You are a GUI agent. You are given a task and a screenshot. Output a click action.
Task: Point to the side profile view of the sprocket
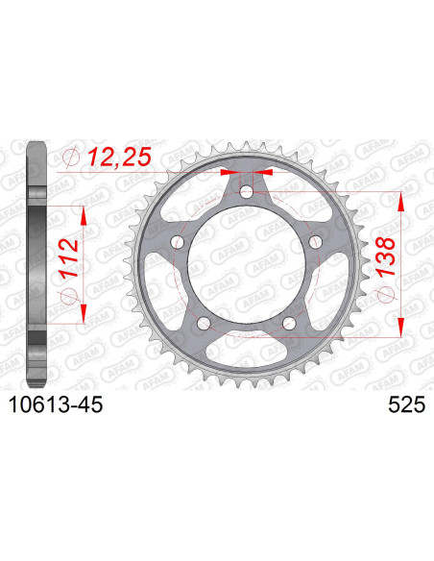(x=36, y=264)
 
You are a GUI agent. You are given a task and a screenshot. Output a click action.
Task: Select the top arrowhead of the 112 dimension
(x=84, y=214)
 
